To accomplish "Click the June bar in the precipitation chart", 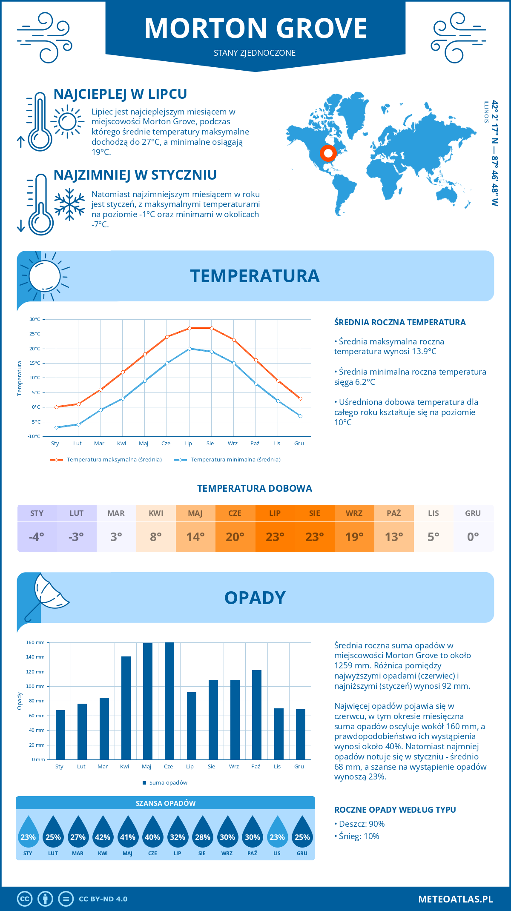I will (x=169, y=701).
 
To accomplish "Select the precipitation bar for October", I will (x=256, y=715).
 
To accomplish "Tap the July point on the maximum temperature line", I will (x=189, y=328).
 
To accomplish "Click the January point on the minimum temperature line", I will (x=56, y=427).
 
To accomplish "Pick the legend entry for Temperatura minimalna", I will (x=228, y=460).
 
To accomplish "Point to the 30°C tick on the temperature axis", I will (x=35, y=319).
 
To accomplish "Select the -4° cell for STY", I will (x=37, y=537).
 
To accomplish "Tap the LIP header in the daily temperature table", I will (x=275, y=513).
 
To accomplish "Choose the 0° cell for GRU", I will (x=473, y=537).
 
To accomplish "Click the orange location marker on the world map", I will (x=328, y=153).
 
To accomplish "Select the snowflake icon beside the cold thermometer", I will (x=69, y=204).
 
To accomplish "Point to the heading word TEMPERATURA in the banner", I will (x=255, y=276).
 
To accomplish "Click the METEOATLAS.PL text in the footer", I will (x=455, y=899).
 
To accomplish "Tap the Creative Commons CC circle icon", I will (x=25, y=899).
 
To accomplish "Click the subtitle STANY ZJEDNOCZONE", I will (x=255, y=53).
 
